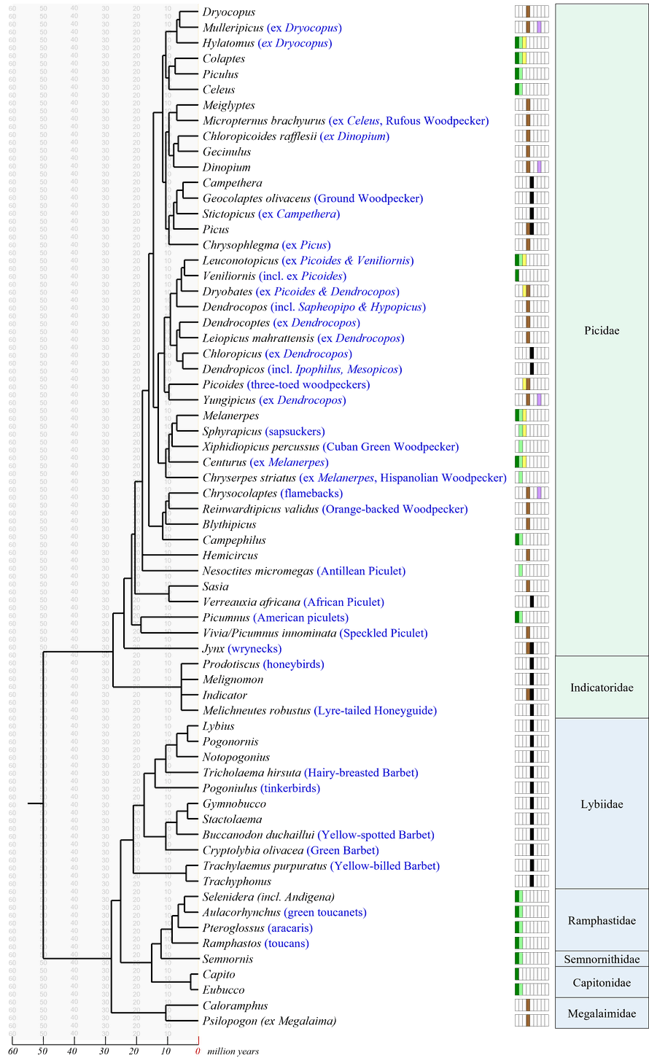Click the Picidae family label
tap(602, 330)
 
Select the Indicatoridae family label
tap(602, 688)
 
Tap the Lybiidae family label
tap(602, 804)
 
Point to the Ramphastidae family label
tap(602, 921)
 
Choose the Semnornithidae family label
tap(602, 959)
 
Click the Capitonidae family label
tap(602, 983)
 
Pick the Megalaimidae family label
tap(602, 1013)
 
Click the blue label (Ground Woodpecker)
tap(368, 198)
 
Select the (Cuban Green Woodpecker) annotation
tap(391, 446)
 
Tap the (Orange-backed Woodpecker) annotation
tap(395, 509)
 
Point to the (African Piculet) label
tap(343, 602)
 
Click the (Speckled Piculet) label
tap(383, 633)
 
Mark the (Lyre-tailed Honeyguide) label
tap(376, 710)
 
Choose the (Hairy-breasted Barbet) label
tap(361, 773)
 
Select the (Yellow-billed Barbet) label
tap(385, 866)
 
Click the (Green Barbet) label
tap(343, 850)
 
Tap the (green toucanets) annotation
tap(325, 913)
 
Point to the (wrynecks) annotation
tap(254, 649)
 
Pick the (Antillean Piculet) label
tap(360, 571)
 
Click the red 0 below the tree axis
tap(197, 1051)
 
